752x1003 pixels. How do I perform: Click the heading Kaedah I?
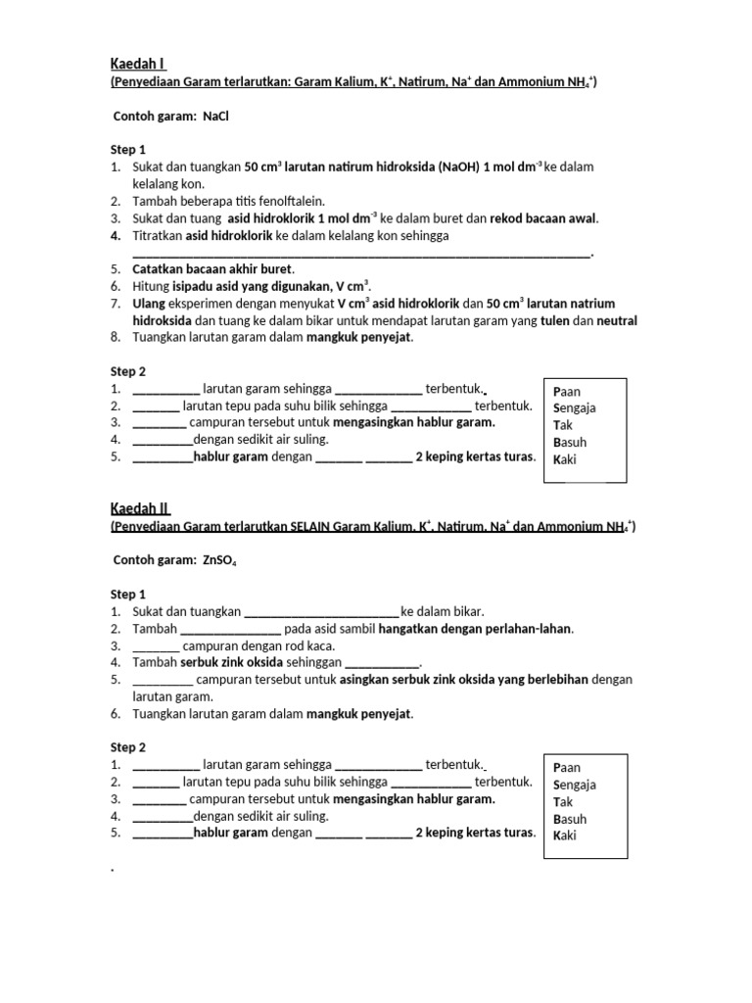137,64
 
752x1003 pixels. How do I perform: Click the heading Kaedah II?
139,507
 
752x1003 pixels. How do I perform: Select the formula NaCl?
215,117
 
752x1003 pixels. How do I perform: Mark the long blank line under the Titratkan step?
362,253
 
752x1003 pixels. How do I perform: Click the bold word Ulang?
150,304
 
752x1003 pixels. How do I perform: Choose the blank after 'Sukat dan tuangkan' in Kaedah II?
321,611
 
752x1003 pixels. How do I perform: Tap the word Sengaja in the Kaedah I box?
574,407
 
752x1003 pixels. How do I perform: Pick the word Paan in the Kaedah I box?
567,391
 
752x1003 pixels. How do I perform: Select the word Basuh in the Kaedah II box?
570,819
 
